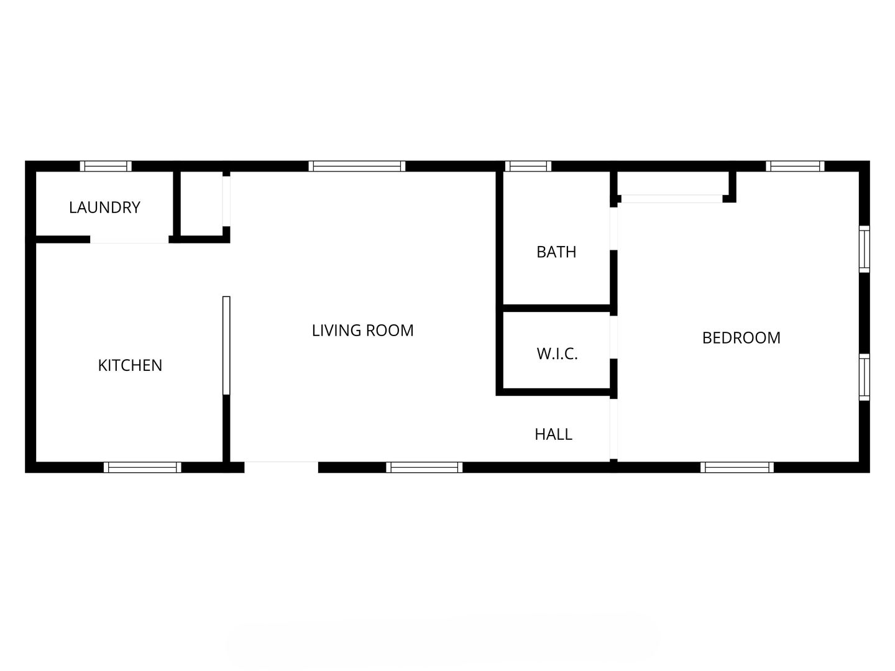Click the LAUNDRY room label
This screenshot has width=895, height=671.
click(105, 208)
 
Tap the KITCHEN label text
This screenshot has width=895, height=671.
click(130, 365)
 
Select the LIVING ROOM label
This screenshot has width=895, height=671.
click(362, 330)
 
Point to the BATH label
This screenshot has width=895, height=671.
click(556, 252)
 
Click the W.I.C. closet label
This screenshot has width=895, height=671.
click(557, 354)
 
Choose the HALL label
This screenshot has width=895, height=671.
click(553, 434)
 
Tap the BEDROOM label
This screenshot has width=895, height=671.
click(741, 338)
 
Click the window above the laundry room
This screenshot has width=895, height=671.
click(106, 167)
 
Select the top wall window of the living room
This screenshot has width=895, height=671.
click(357, 167)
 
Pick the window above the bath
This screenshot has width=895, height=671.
click(528, 167)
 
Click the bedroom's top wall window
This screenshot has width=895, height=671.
click(795, 167)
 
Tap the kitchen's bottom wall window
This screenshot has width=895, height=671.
click(142, 467)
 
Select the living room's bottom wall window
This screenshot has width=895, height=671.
click(424, 467)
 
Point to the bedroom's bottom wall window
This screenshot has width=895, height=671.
click(737, 467)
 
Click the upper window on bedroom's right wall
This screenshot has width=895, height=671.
click(865, 249)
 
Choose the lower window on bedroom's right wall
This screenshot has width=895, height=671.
click(865, 377)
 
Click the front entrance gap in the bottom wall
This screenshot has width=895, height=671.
click(281, 467)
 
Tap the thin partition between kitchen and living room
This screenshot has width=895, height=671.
click(226, 345)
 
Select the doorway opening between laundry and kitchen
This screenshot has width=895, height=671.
click(129, 240)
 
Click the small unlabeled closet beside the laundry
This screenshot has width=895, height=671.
click(201, 203)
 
